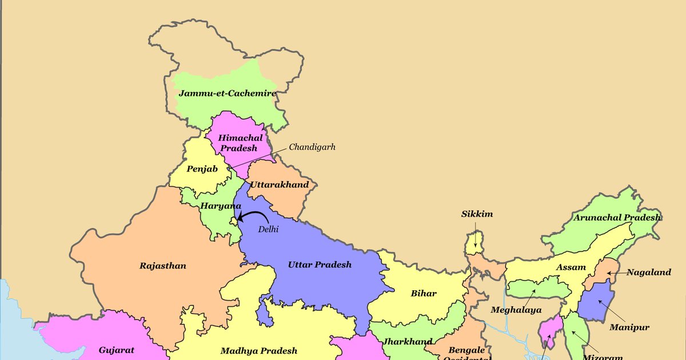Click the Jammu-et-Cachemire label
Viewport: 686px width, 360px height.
(x=227, y=93)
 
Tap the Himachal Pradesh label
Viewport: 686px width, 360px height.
(x=240, y=142)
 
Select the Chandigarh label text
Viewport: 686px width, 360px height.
(x=312, y=147)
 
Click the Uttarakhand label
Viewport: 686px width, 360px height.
(x=280, y=185)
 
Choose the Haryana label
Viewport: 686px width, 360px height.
(x=221, y=205)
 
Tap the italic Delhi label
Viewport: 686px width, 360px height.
(x=268, y=229)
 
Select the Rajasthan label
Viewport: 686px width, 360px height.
(x=163, y=266)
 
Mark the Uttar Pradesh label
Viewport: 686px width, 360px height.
(x=320, y=265)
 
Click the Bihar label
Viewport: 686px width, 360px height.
(x=424, y=293)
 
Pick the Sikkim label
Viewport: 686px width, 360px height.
(x=477, y=214)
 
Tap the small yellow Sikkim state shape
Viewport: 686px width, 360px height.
(x=474, y=243)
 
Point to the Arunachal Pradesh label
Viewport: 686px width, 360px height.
(x=617, y=218)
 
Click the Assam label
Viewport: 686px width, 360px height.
(x=571, y=267)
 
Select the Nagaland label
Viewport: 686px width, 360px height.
(x=648, y=273)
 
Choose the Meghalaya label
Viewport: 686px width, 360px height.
(x=516, y=310)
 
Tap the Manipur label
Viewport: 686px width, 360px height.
(x=629, y=327)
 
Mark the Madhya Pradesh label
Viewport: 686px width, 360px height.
(x=259, y=351)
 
